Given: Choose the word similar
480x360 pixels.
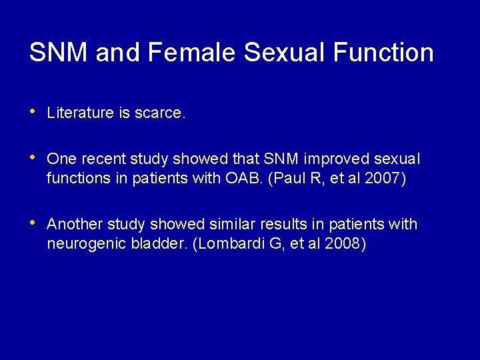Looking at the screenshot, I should click(x=201, y=224).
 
